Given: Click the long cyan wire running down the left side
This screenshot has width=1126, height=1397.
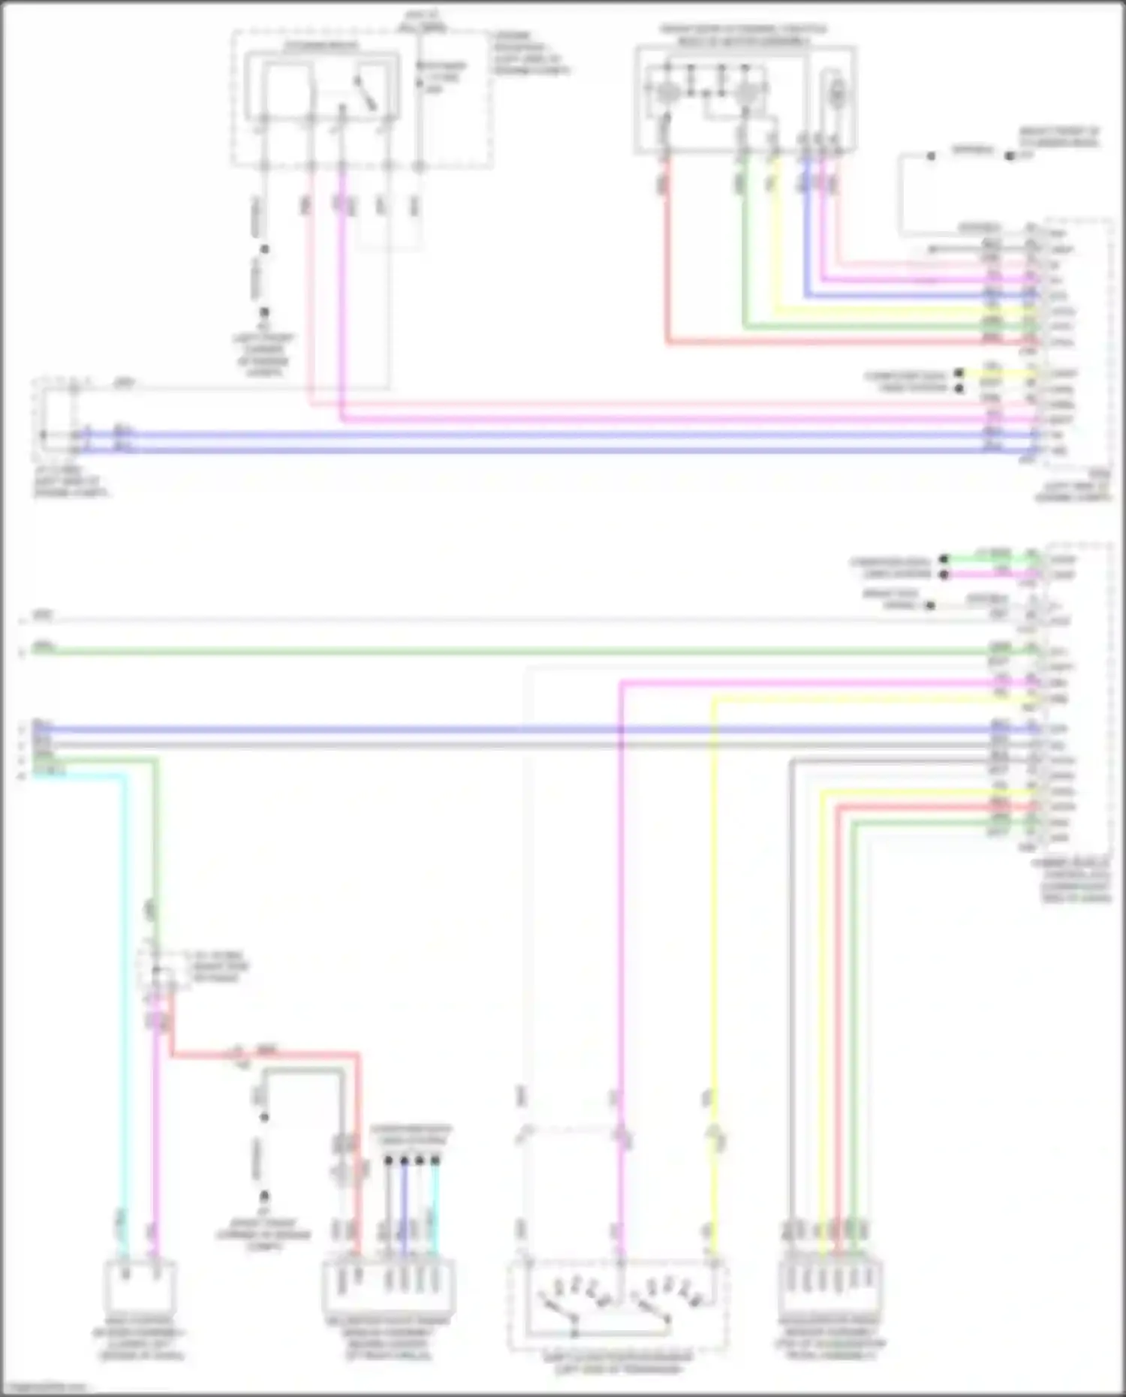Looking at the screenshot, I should [x=125, y=976].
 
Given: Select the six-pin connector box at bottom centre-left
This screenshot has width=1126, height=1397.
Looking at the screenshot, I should [x=388, y=1288].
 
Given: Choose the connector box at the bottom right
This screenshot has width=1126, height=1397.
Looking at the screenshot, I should [x=829, y=1288].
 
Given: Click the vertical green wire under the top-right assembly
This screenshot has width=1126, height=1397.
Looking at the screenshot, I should [x=744, y=248].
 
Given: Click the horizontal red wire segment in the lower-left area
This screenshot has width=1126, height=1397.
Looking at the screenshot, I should [x=263, y=1055].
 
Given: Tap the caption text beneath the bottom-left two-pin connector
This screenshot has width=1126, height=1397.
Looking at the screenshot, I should [x=140, y=1344].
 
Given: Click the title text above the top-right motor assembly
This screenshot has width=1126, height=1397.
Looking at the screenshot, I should [x=743, y=35].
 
